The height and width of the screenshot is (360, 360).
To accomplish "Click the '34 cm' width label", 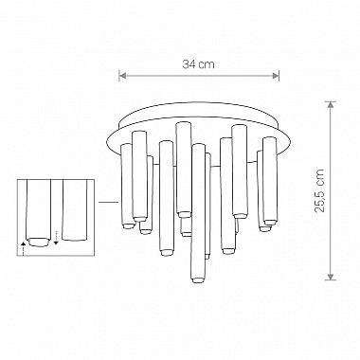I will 198,63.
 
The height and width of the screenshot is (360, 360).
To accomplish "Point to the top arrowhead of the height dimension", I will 331,104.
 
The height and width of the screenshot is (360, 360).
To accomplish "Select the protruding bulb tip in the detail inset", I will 37,242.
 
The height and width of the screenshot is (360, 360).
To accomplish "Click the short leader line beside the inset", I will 107,201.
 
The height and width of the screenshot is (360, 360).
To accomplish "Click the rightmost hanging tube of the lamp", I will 270,185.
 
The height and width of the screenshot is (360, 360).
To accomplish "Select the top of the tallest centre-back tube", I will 183,125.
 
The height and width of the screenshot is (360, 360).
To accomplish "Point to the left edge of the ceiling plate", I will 112,133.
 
